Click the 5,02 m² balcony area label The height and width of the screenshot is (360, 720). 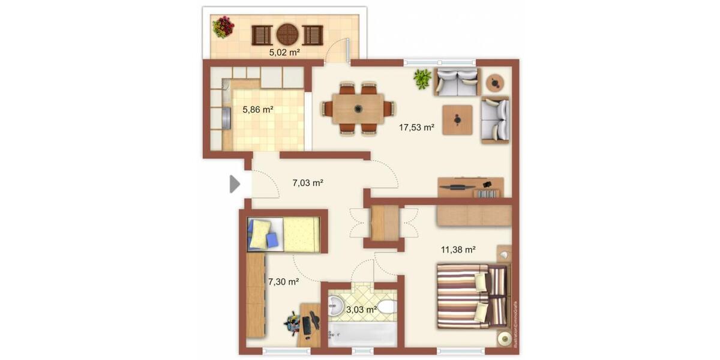pos(284,52)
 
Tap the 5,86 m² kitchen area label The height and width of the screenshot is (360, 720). pos(258,110)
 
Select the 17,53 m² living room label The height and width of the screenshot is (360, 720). pos(416,127)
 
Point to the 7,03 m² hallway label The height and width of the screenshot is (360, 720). pos(308,183)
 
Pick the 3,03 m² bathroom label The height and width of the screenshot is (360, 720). pos(361,309)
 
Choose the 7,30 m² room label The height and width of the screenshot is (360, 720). pos(283,281)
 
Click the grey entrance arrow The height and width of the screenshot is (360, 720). pos(235,184)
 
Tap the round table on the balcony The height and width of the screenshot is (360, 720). pos(287,34)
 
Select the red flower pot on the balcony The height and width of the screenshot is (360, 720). pos(223,27)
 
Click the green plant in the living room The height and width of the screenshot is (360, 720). pos(422,79)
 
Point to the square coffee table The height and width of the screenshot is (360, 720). pos(457,119)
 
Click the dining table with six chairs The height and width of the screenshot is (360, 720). pos(358,109)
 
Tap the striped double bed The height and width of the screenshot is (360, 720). pos(472,296)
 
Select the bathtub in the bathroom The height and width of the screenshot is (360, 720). pos(362,333)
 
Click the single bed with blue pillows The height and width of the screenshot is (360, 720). pos(284,233)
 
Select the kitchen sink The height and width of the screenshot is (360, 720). pos(226,118)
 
